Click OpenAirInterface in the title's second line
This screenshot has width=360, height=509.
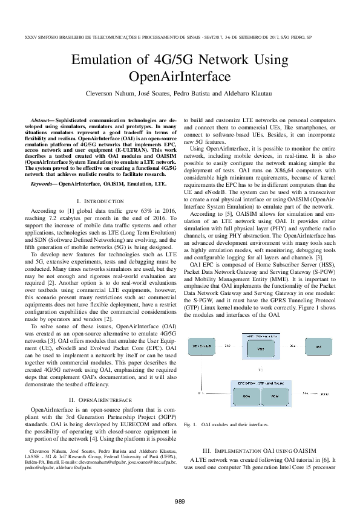pos(180,77)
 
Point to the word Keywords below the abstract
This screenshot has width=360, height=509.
pos(44,182)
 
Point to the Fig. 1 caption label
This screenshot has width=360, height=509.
pos(191,425)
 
